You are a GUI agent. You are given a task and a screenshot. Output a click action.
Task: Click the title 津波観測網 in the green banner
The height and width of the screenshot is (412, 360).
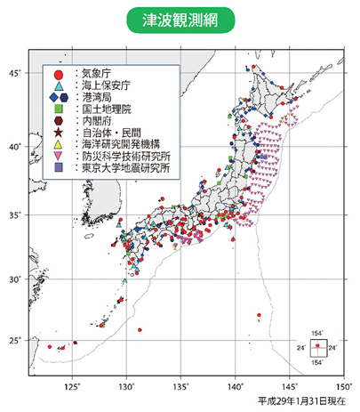click(x=180, y=20)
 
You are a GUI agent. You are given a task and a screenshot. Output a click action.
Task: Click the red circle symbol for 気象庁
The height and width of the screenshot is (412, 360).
click(x=58, y=75)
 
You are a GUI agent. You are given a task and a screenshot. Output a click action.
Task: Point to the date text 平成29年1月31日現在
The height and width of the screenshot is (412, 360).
click(x=304, y=401)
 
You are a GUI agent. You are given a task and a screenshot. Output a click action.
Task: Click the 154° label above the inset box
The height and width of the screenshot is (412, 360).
click(x=317, y=332)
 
